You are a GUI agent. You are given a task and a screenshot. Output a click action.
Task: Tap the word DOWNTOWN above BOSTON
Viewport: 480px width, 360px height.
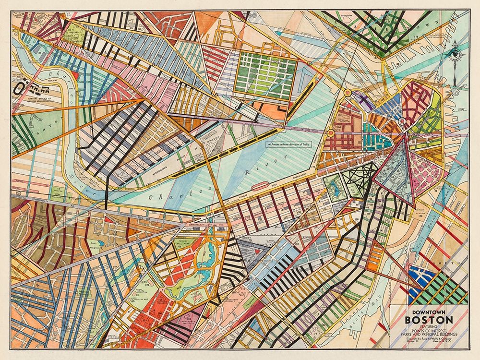(x=428, y=311)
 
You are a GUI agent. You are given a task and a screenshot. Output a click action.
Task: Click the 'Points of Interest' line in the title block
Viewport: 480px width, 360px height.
(x=429, y=330)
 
